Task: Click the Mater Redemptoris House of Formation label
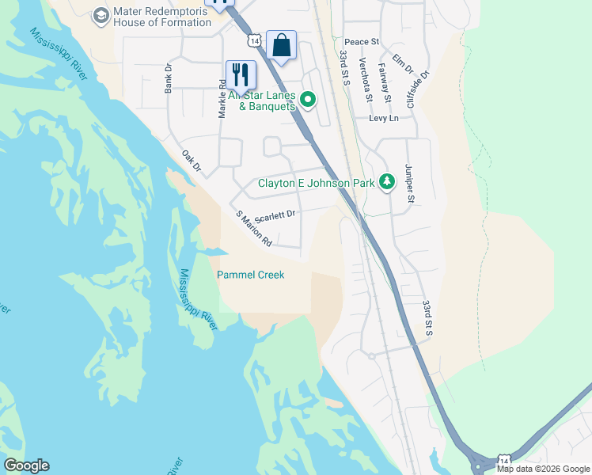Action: (x=162, y=17)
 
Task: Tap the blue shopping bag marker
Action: (x=281, y=45)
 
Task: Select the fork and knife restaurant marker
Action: (x=241, y=75)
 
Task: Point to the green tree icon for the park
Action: (x=386, y=182)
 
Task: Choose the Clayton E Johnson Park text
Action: (x=316, y=183)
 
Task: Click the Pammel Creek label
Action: (x=250, y=275)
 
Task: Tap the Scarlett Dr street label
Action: (x=275, y=214)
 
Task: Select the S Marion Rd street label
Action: (x=254, y=230)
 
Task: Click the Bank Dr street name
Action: (x=169, y=79)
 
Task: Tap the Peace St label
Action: (x=362, y=41)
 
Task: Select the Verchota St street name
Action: (x=365, y=80)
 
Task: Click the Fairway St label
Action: (x=385, y=82)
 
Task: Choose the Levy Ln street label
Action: (x=383, y=118)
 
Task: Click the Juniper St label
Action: (x=409, y=183)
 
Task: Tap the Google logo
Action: (x=26, y=465)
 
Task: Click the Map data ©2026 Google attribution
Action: (x=543, y=469)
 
